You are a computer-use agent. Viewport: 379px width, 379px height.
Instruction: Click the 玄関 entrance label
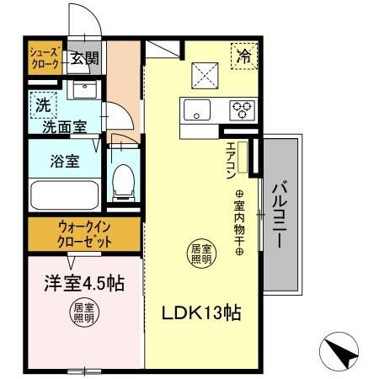pyautogui.click(x=83, y=58)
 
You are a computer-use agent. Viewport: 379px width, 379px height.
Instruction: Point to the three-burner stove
pyautogui.click(x=243, y=109)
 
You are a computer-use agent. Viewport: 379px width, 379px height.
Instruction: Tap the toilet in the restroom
pyautogui.click(x=123, y=179)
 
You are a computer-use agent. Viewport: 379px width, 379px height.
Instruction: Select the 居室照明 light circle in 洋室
pyautogui.click(x=83, y=312)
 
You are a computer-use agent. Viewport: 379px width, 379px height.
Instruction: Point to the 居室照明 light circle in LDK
pyautogui.click(x=200, y=254)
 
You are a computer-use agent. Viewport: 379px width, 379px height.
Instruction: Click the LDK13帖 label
pyautogui.click(x=202, y=313)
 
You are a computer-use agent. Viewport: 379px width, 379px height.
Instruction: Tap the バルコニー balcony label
pyautogui.click(x=279, y=215)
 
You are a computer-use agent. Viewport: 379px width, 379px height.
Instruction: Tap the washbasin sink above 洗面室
pyautogui.click(x=83, y=90)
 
